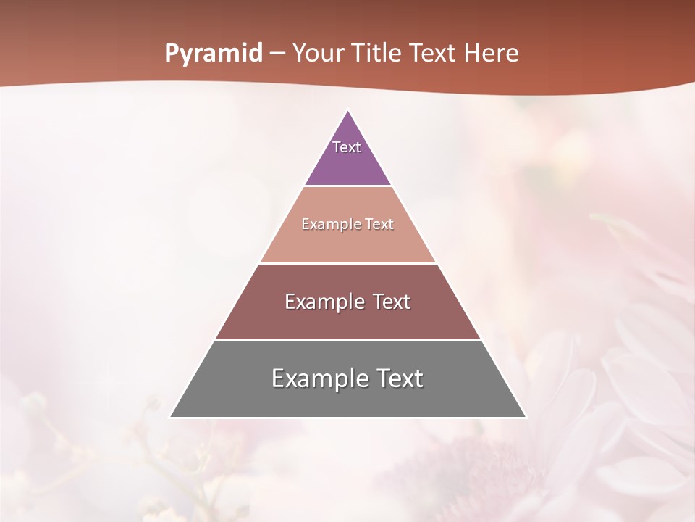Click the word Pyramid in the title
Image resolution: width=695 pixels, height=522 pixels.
click(x=213, y=54)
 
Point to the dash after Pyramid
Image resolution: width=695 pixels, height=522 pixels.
click(x=277, y=54)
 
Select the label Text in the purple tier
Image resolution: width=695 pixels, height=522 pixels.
click(x=347, y=147)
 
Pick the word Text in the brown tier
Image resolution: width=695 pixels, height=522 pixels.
click(x=391, y=302)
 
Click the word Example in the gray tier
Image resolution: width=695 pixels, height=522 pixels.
click(x=319, y=378)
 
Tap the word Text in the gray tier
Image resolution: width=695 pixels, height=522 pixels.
click(x=400, y=378)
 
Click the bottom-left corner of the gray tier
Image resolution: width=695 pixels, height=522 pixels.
click(x=171, y=417)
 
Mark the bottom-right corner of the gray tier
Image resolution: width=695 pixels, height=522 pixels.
click(x=525, y=417)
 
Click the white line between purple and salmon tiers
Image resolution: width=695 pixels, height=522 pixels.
click(x=347, y=186)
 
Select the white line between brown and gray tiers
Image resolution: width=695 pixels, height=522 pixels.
click(x=347, y=340)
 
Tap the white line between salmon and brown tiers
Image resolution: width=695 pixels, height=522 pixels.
click(x=347, y=263)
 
